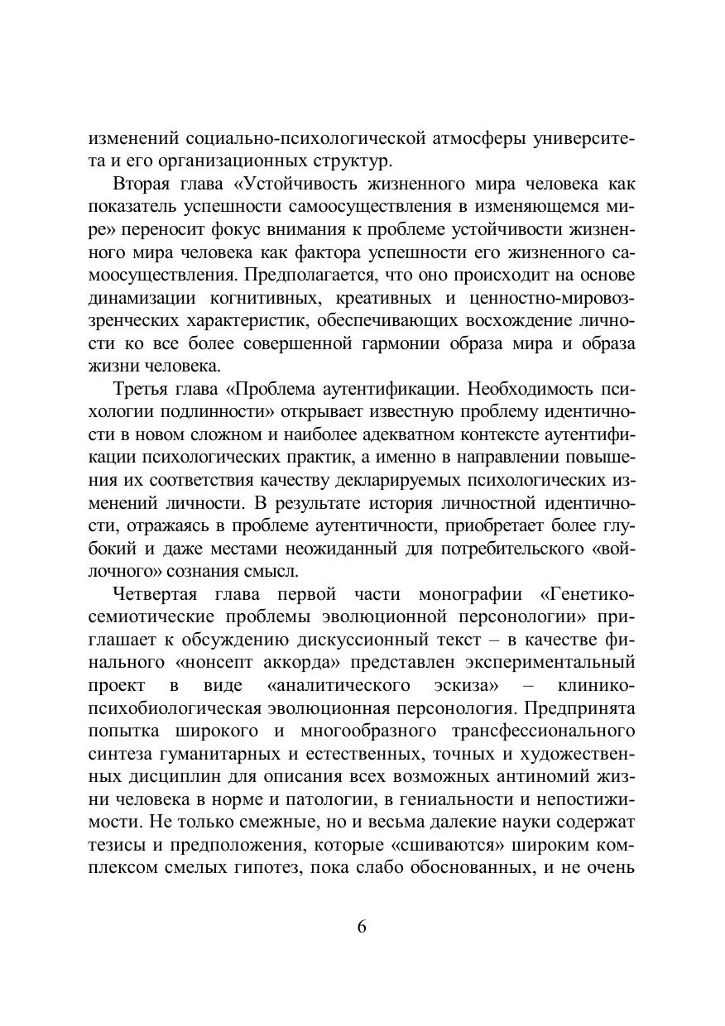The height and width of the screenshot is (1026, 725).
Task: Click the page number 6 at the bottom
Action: [362, 927]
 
